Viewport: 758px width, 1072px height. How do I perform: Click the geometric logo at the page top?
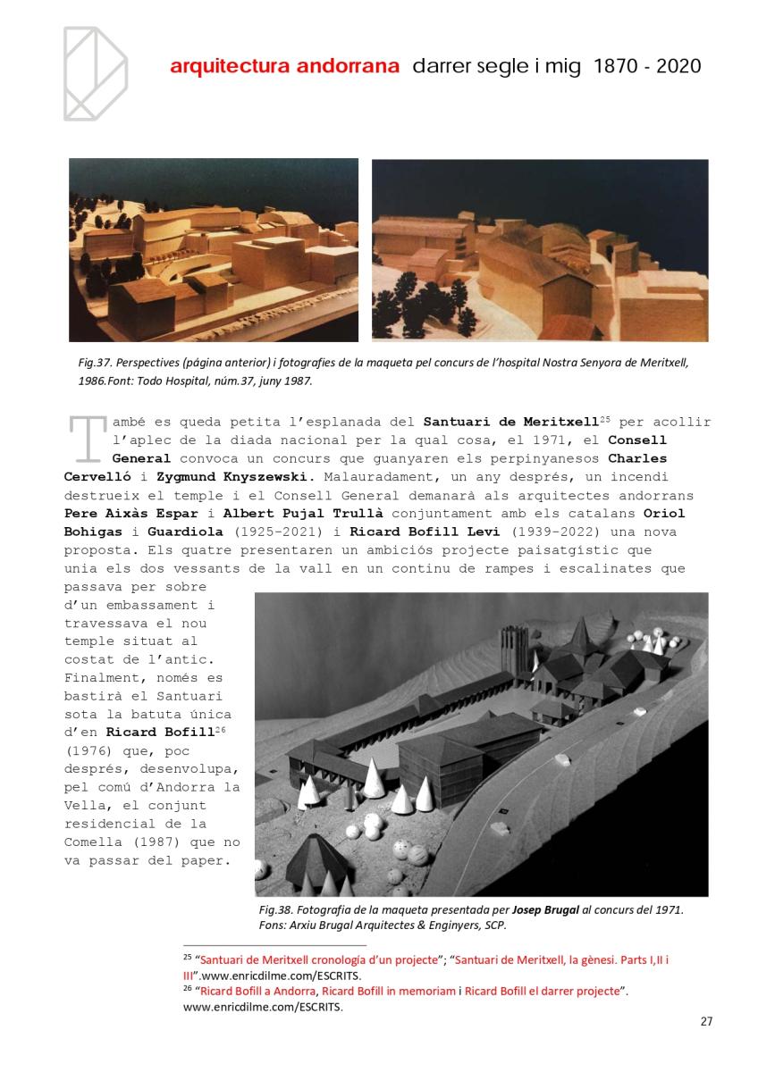pyautogui.click(x=95, y=73)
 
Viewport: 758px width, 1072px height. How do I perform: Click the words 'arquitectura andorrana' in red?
pyautogui.click(x=284, y=67)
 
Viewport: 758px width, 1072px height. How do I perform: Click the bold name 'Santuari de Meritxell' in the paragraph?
pyautogui.click(x=510, y=422)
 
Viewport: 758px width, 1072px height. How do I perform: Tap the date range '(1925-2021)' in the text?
pyautogui.click(x=265, y=532)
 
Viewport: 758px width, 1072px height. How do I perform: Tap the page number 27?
pyautogui.click(x=706, y=1022)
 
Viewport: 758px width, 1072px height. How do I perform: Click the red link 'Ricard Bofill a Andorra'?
pyautogui.click(x=257, y=992)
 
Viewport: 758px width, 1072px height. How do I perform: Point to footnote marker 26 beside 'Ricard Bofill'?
pyautogui.click(x=220, y=732)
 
